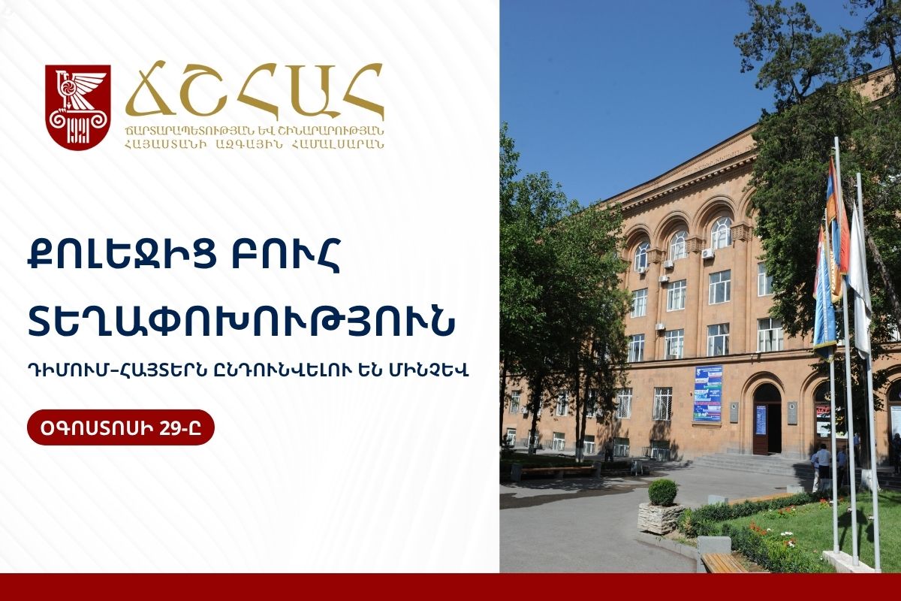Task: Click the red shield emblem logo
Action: click(x=77, y=107)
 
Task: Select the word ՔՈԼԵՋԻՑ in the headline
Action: click(x=122, y=256)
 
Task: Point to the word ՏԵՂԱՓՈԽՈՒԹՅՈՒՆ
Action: click(x=241, y=321)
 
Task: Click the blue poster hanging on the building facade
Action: click(x=707, y=394)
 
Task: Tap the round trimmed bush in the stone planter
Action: click(x=662, y=492)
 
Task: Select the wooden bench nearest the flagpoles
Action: click(x=724, y=563)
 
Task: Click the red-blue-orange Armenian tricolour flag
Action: click(x=838, y=225)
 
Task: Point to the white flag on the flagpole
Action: click(x=860, y=282)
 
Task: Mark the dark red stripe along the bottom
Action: click(x=450, y=587)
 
